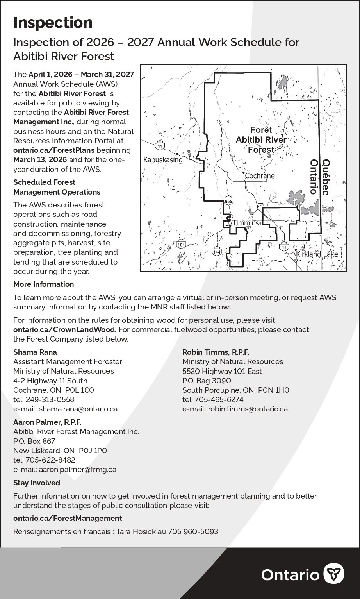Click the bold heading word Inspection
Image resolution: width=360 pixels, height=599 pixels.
(53, 23)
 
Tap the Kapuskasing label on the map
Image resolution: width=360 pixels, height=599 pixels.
(163, 160)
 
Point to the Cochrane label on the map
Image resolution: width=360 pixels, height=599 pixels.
(260, 176)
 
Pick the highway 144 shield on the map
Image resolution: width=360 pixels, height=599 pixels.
(217, 252)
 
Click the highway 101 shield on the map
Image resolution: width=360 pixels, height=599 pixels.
(180, 245)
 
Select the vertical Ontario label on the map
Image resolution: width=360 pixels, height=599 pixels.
(313, 177)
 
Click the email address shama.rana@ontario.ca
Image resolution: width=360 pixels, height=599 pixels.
(78, 409)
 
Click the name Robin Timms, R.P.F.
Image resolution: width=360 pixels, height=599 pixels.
(216, 352)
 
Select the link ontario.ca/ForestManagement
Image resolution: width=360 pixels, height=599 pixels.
(68, 518)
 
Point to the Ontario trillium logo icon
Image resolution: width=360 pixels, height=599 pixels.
(335, 574)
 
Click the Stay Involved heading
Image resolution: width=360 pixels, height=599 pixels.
(37, 483)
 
